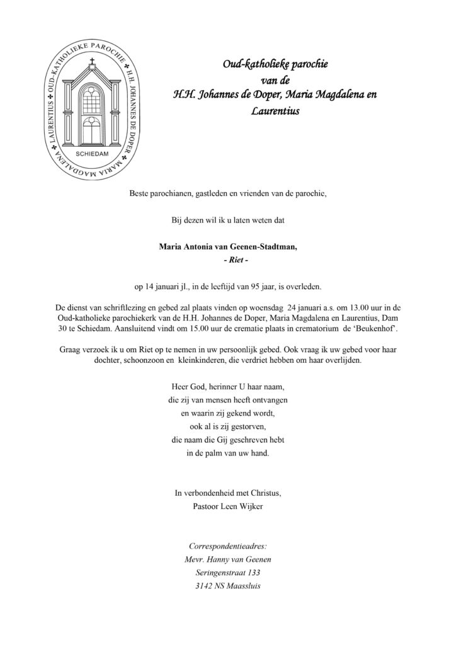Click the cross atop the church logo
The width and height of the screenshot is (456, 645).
(x=92, y=63)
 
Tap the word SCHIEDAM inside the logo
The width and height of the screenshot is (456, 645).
(x=92, y=153)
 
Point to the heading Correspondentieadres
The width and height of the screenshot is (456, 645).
(x=227, y=545)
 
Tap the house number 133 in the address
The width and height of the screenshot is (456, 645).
(x=249, y=573)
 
